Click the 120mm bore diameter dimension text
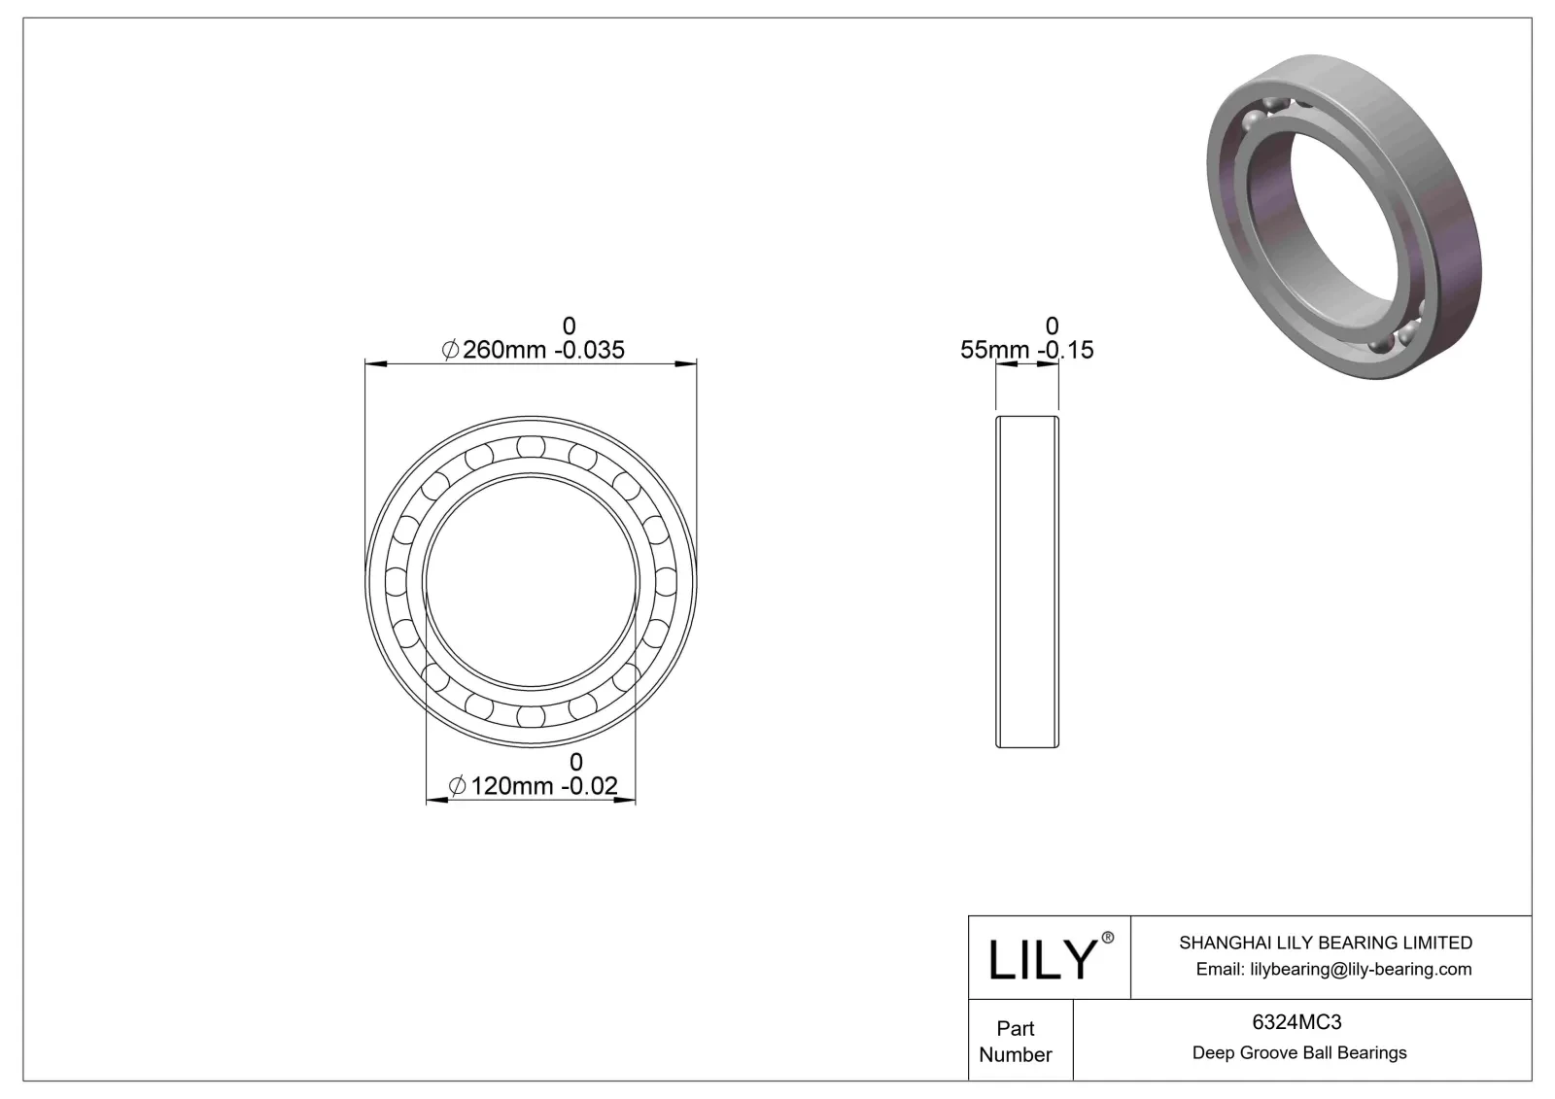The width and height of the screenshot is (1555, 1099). tap(511, 786)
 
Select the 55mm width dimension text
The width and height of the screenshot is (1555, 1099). tap(994, 350)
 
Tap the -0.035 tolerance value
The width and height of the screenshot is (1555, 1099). tap(589, 350)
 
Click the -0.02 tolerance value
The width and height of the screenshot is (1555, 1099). tap(590, 786)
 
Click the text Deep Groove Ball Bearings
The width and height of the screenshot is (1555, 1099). tap(1299, 1053)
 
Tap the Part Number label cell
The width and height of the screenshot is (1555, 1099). tap(1016, 1042)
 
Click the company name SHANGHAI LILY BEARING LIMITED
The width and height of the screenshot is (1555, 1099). tap(1325, 943)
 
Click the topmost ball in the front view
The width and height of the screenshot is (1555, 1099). tap(530, 446)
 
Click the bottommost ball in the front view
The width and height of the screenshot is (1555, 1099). tap(530, 716)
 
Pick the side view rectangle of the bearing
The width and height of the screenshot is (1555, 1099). tap(1026, 581)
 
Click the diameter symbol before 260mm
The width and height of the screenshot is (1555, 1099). tap(450, 350)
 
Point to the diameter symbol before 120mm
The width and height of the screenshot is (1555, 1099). tap(457, 786)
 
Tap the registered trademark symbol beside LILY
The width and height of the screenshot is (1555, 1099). tap(1107, 938)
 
